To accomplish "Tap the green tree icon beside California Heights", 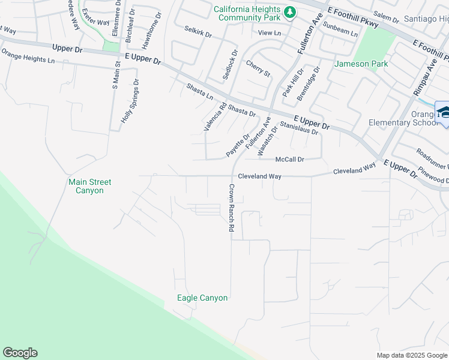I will click(x=290, y=11).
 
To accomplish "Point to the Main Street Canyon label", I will click(x=90, y=186).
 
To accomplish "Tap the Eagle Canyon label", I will click(x=202, y=298).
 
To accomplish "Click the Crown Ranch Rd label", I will click(x=231, y=208).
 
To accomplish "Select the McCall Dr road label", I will click(x=290, y=159).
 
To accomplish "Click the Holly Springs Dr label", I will click(x=130, y=101).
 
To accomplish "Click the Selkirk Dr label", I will click(x=198, y=31).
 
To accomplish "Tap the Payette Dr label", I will click(x=237, y=146).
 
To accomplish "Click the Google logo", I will click(x=20, y=353).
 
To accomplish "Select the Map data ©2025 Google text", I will click(x=411, y=355).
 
